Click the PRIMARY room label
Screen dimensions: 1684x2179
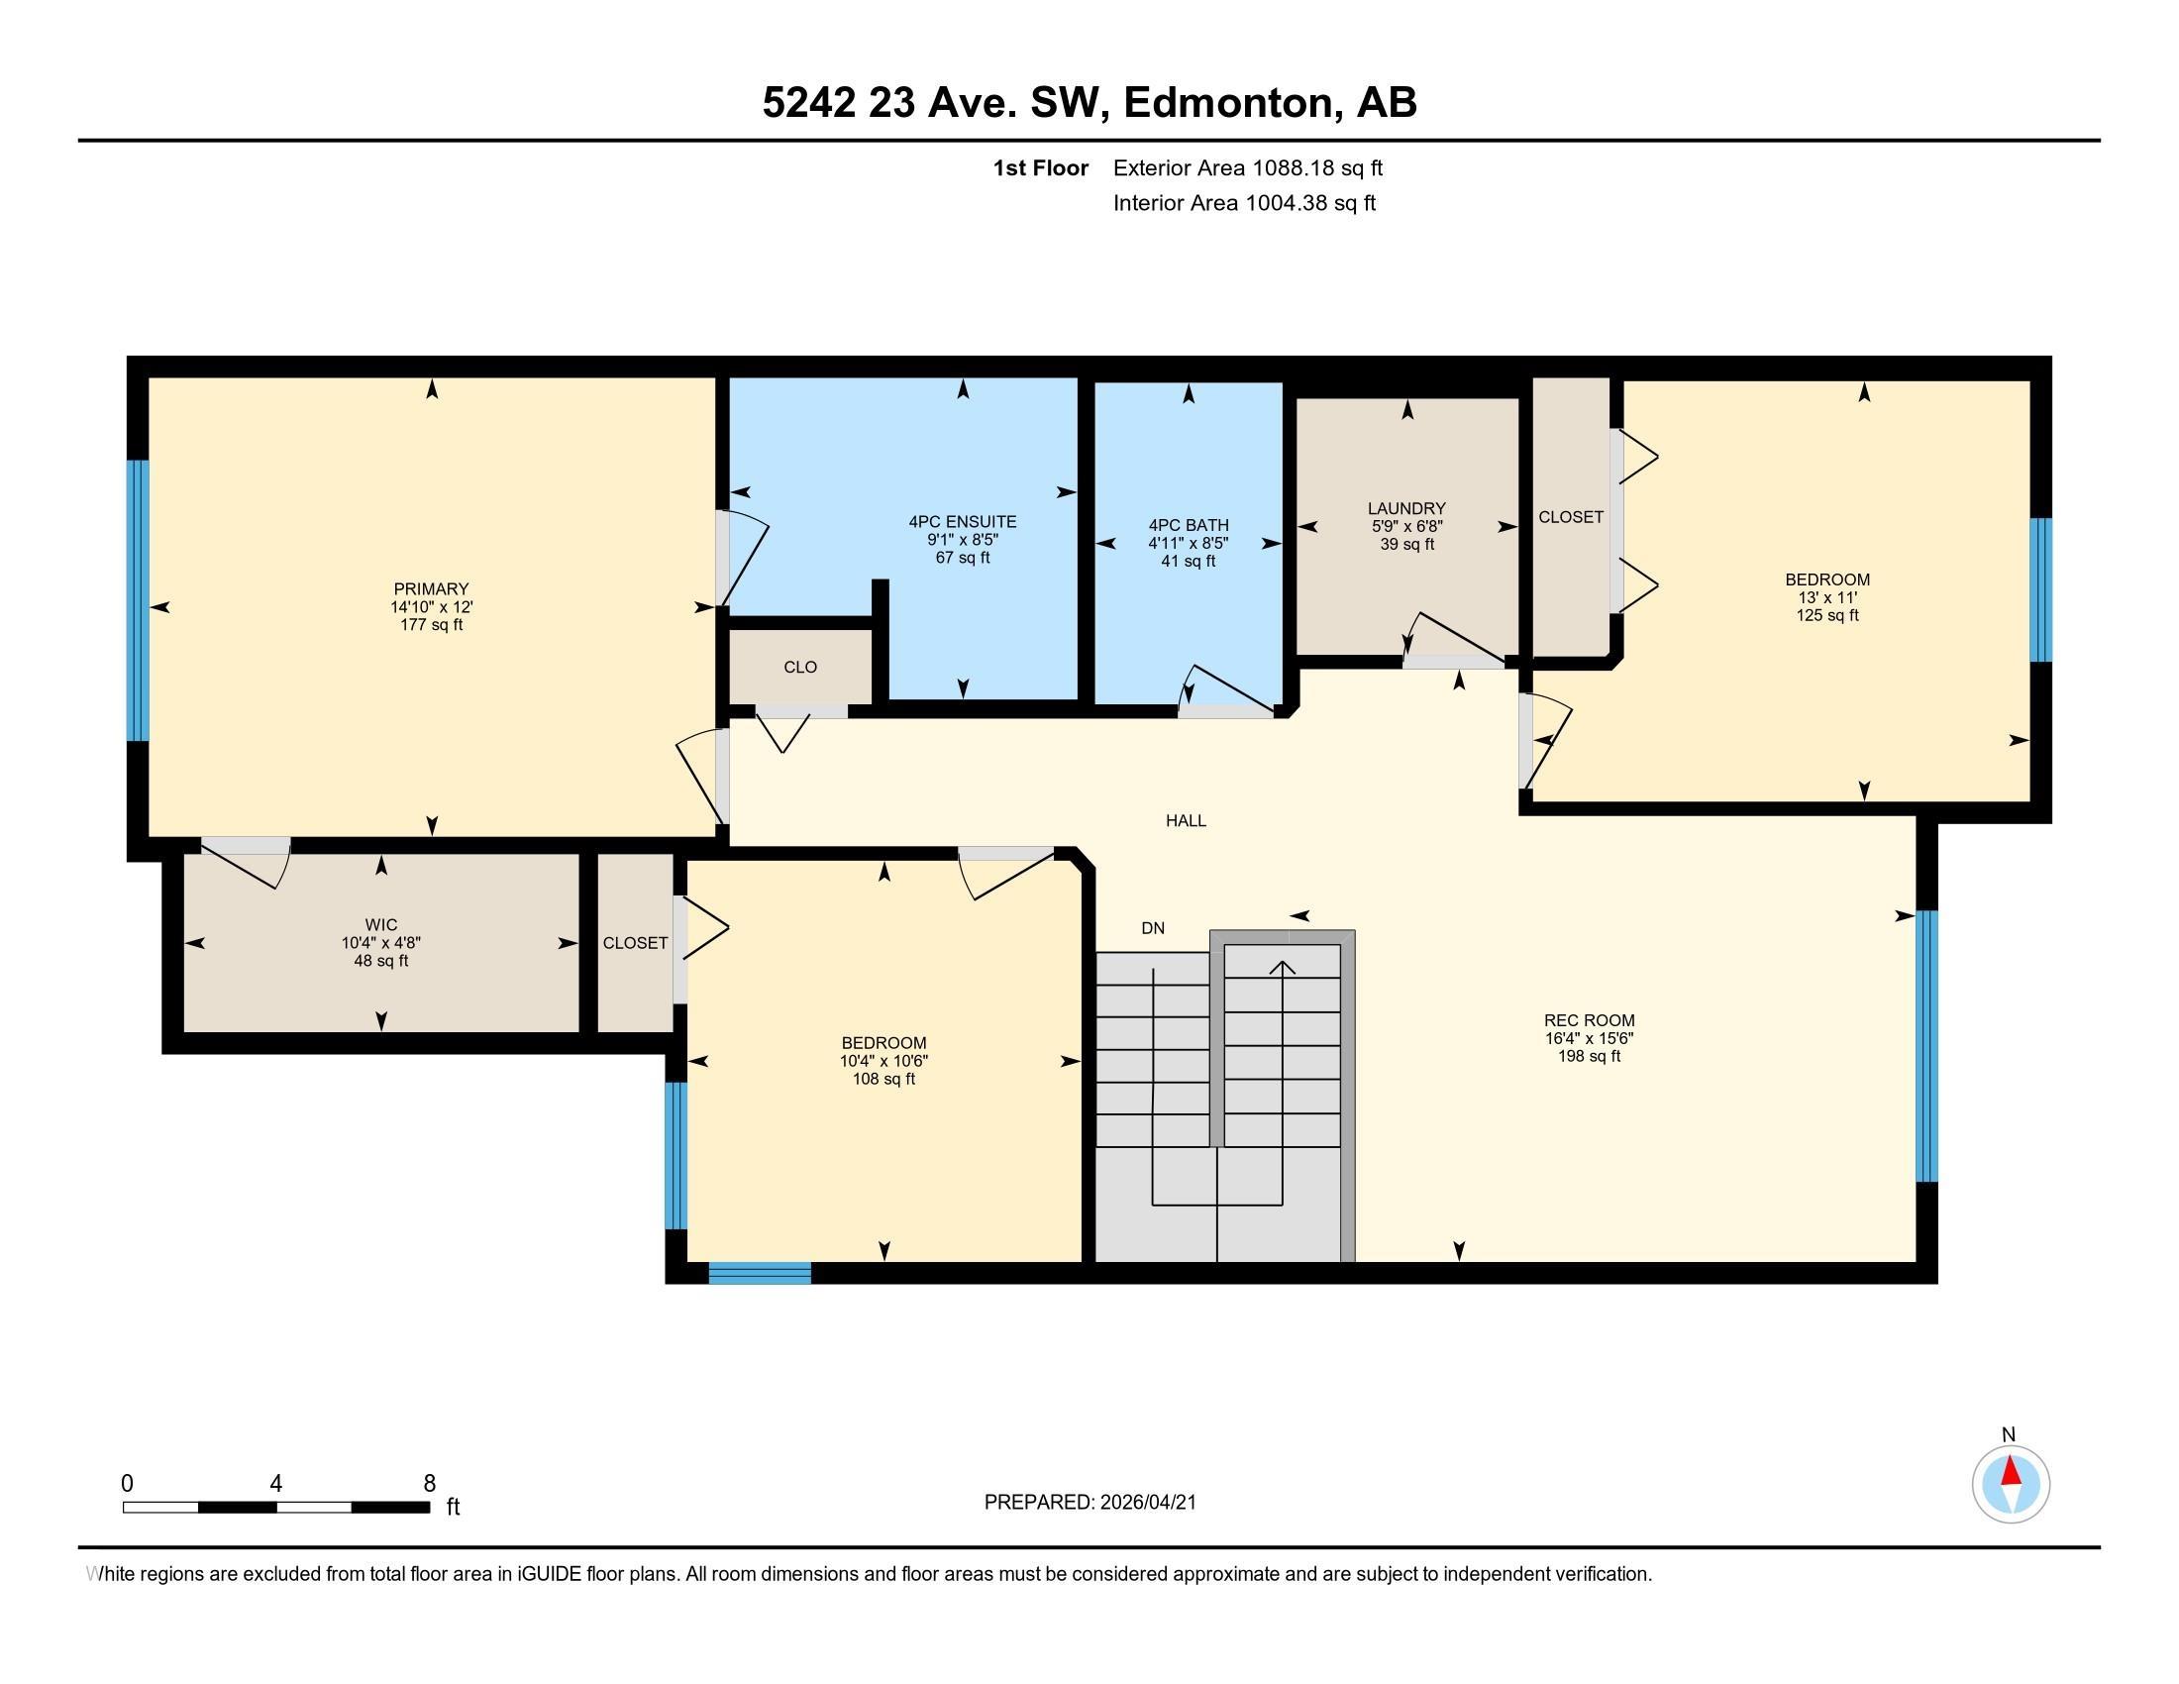431,588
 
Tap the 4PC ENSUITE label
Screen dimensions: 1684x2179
962,521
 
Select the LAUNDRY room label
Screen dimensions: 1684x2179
1406,508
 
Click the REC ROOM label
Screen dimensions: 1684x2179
1589,1019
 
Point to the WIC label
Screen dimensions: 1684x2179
381,925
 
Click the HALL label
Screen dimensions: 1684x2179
1186,820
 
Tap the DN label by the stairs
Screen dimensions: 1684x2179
1152,928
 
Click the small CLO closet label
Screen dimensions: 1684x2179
800,667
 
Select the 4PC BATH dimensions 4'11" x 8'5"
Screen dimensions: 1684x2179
1188,543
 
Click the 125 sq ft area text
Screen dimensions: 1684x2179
1826,614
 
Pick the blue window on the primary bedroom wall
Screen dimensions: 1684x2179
138,600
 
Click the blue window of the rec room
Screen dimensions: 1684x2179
1926,1045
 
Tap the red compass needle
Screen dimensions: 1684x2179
2012,1471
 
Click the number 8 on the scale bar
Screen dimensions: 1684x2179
429,1484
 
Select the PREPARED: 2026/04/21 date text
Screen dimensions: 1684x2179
1089,1502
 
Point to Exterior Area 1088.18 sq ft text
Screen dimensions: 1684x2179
1247,167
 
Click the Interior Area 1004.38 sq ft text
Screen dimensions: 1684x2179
1244,202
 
